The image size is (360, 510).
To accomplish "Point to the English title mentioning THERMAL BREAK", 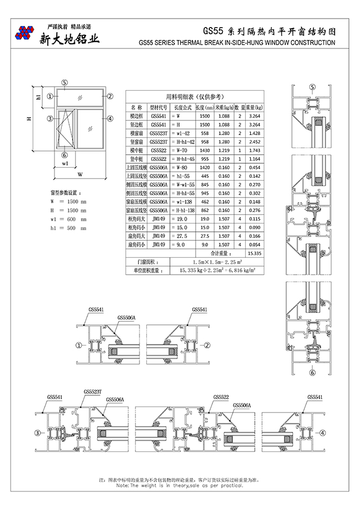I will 236,42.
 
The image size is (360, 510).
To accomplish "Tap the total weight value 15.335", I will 254,254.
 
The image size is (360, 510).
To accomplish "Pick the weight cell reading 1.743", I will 254,150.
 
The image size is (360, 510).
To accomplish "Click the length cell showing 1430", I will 204,150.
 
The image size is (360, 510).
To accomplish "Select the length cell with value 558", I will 204,133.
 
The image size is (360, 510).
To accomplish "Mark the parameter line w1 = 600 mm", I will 68,219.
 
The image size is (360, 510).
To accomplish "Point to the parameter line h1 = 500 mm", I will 68,228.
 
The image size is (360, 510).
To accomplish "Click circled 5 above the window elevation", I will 65,82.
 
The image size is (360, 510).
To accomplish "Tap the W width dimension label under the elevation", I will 80,173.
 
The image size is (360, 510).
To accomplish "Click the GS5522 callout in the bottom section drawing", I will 221,397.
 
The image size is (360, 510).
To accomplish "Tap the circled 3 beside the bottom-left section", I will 38,432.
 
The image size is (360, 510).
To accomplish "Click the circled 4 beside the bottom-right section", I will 323,432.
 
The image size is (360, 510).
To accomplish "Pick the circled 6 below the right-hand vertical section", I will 312,372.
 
